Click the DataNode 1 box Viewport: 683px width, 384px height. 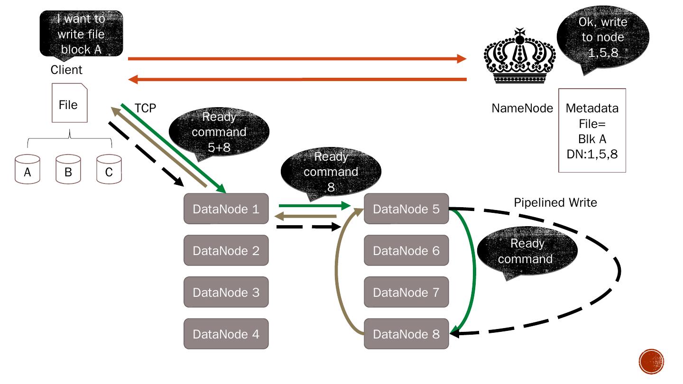(226, 209)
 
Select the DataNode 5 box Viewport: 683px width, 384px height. (406, 209)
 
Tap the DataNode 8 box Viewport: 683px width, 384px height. (406, 334)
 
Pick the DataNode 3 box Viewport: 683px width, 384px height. (226, 292)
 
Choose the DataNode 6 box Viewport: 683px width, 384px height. (406, 250)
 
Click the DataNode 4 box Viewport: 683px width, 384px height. (226, 334)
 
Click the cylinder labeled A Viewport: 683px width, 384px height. (28, 169)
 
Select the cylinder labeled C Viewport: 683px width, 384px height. (109, 169)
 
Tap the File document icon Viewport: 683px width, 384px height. (69, 103)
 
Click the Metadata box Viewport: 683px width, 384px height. (592, 130)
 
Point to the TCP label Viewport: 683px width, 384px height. (145, 109)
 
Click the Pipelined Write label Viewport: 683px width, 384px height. (555, 203)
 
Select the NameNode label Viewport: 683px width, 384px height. (522, 109)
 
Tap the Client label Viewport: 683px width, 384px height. (66, 70)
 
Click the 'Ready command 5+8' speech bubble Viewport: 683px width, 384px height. (219, 132)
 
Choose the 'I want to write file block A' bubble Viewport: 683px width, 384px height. (81, 34)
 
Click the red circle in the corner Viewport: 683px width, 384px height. (651, 361)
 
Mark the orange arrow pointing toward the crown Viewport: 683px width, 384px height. (296, 59)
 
